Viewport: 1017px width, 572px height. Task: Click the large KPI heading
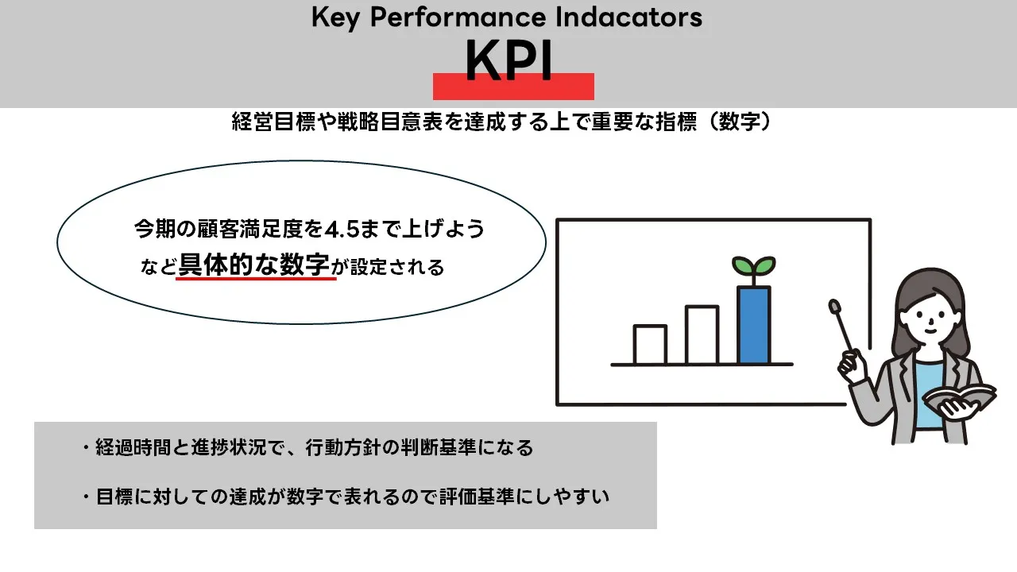508,60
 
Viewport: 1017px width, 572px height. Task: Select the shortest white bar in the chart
650,344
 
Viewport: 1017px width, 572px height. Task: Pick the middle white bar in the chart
702,334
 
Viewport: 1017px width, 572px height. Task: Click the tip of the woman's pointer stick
834,304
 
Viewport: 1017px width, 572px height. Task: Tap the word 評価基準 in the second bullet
475,497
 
